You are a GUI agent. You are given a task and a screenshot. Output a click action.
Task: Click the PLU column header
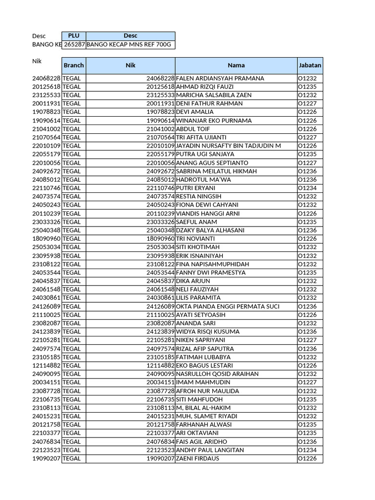[73, 36]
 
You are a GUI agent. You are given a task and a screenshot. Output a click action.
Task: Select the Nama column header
[236, 65]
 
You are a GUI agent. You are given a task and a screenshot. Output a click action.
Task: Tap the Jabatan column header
[310, 65]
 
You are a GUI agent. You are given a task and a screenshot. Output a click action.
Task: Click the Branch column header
[74, 65]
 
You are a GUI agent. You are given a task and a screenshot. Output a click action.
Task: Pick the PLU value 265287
[74, 44]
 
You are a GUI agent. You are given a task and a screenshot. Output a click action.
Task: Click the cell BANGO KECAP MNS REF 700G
[129, 44]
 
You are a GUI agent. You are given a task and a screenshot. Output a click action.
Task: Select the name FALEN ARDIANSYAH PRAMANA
[220, 78]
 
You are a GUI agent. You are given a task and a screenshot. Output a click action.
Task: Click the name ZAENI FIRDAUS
[197, 458]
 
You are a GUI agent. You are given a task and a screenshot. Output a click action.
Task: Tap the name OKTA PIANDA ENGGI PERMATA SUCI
[228, 306]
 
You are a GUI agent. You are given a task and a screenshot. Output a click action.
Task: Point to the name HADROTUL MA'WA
[203, 180]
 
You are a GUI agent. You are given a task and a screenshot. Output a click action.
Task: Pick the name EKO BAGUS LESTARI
[204, 365]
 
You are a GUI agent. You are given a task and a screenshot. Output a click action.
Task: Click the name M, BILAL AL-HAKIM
[203, 408]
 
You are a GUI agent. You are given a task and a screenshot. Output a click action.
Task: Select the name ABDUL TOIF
[192, 129]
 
